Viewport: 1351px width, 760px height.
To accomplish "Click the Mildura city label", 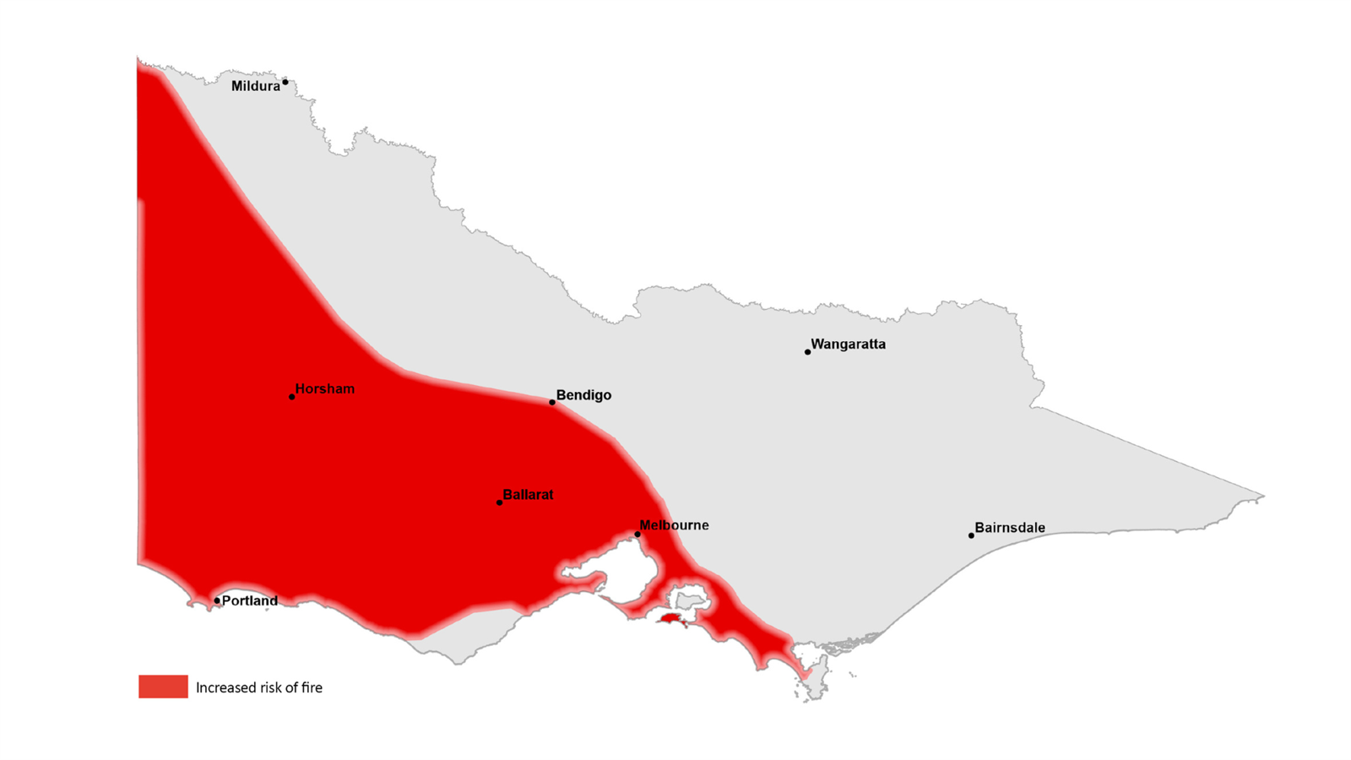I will (255, 86).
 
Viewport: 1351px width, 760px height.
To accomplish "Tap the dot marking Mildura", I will (285, 82).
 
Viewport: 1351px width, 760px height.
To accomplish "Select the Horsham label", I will (325, 389).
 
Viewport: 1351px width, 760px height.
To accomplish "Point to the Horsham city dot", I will (292, 397).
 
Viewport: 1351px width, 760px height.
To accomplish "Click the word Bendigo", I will (583, 395).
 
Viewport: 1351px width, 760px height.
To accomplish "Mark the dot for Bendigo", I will (552, 402).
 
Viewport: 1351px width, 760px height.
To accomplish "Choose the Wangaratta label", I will (848, 345).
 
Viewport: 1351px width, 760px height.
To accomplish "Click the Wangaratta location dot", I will (808, 351).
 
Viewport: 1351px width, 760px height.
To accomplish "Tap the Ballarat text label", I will (528, 495).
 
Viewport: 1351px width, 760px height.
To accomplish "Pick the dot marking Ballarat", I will (499, 502).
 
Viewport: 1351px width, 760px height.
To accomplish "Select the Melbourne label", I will (674, 525).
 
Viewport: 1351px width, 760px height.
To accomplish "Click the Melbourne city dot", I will (638, 534).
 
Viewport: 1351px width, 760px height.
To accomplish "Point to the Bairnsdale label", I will (1010, 528).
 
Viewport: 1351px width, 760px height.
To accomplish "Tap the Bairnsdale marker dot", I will (971, 535).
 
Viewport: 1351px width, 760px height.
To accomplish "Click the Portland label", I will (249, 601).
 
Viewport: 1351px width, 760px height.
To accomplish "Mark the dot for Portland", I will (217, 601).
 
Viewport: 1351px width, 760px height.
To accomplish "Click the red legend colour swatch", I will (163, 687).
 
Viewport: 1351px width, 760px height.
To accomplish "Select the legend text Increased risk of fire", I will (259, 687).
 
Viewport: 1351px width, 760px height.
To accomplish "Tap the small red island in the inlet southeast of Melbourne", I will (671, 619).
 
